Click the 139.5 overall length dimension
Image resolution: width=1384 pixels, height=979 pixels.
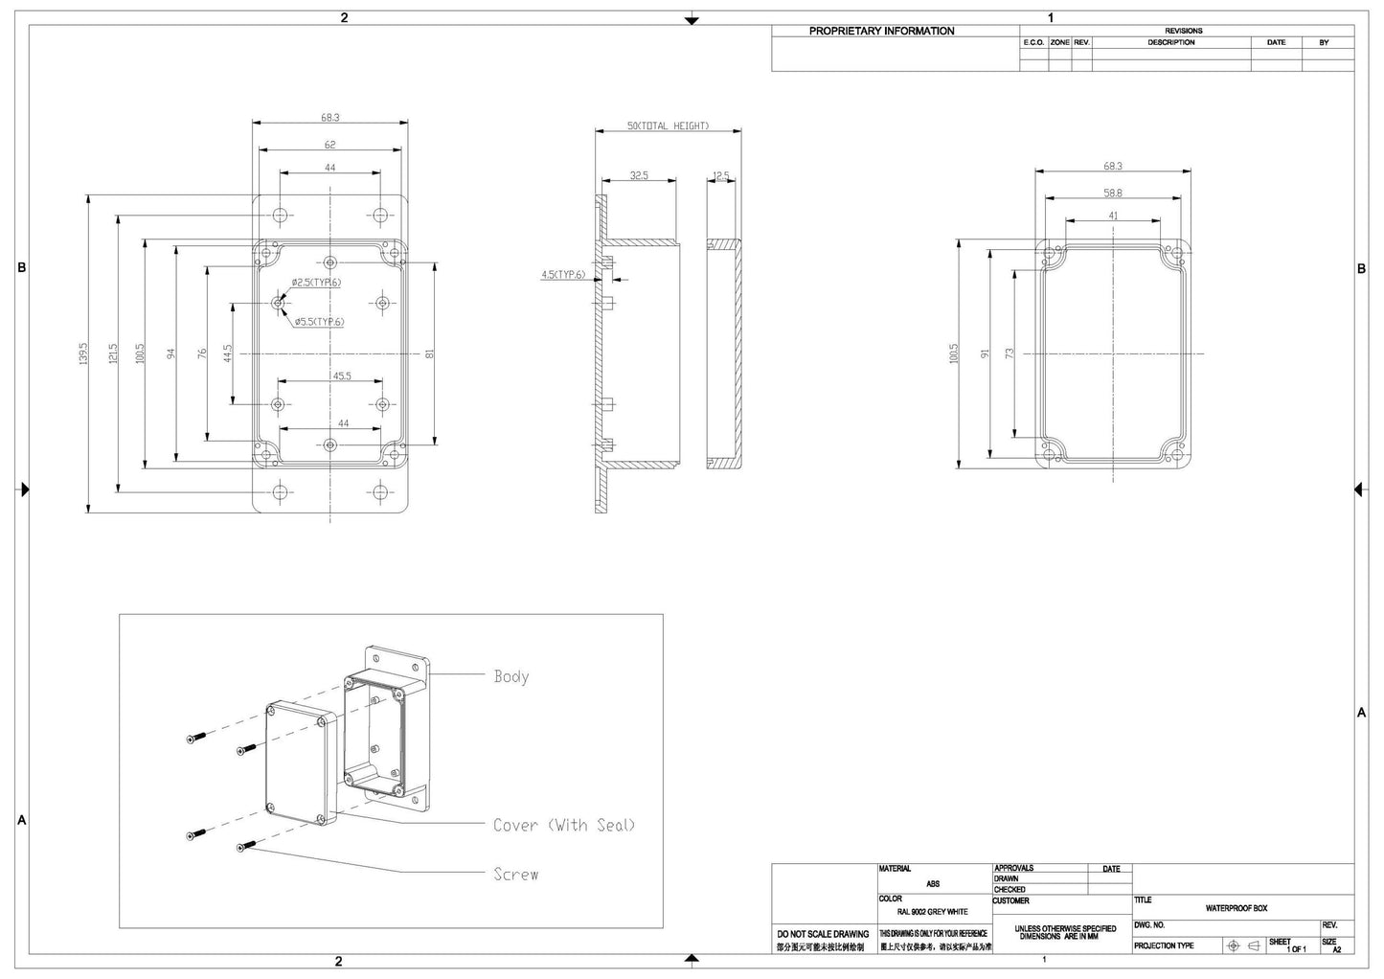tap(83, 353)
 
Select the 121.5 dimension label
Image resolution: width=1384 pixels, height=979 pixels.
tap(112, 353)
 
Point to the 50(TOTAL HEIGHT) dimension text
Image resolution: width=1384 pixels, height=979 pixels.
tap(668, 126)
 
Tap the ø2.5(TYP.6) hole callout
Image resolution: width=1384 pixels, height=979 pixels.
tap(316, 283)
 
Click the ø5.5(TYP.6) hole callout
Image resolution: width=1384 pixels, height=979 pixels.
tap(319, 322)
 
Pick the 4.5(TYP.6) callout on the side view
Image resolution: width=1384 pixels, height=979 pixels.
tap(562, 275)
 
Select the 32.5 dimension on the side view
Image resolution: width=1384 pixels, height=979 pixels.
tap(638, 175)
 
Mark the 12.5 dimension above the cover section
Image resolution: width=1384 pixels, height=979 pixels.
tap(721, 175)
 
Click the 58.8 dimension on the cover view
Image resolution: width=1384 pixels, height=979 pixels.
tap(1112, 193)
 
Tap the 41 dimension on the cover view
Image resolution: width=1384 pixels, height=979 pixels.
tap(1113, 216)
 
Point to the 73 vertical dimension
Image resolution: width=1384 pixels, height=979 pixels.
tap(1009, 353)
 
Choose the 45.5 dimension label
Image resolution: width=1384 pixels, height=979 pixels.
tap(341, 376)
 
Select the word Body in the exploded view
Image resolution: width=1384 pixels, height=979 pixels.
tap(510, 676)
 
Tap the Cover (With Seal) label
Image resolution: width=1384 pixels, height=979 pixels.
tap(563, 825)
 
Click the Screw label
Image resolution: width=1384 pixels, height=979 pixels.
tap(515, 874)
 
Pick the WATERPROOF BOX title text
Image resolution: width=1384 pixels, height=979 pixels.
tap(1236, 908)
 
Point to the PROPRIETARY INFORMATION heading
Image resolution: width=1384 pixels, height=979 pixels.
tap(881, 31)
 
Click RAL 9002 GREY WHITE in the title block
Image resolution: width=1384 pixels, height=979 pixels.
tap(933, 912)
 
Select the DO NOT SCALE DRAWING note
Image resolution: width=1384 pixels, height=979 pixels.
tap(823, 933)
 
